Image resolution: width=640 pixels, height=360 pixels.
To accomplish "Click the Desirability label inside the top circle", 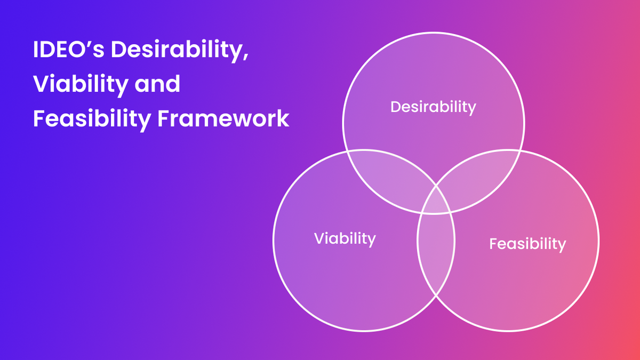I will (433, 107).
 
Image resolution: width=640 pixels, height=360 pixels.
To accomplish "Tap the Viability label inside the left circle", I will (345, 238).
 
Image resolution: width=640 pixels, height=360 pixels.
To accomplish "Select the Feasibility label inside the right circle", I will (527, 244).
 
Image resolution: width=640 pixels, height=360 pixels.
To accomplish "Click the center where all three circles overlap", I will (436, 205).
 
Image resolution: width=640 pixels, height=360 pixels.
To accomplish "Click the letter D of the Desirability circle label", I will (395, 107).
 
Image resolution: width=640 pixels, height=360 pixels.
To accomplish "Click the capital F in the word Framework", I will (163, 119).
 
